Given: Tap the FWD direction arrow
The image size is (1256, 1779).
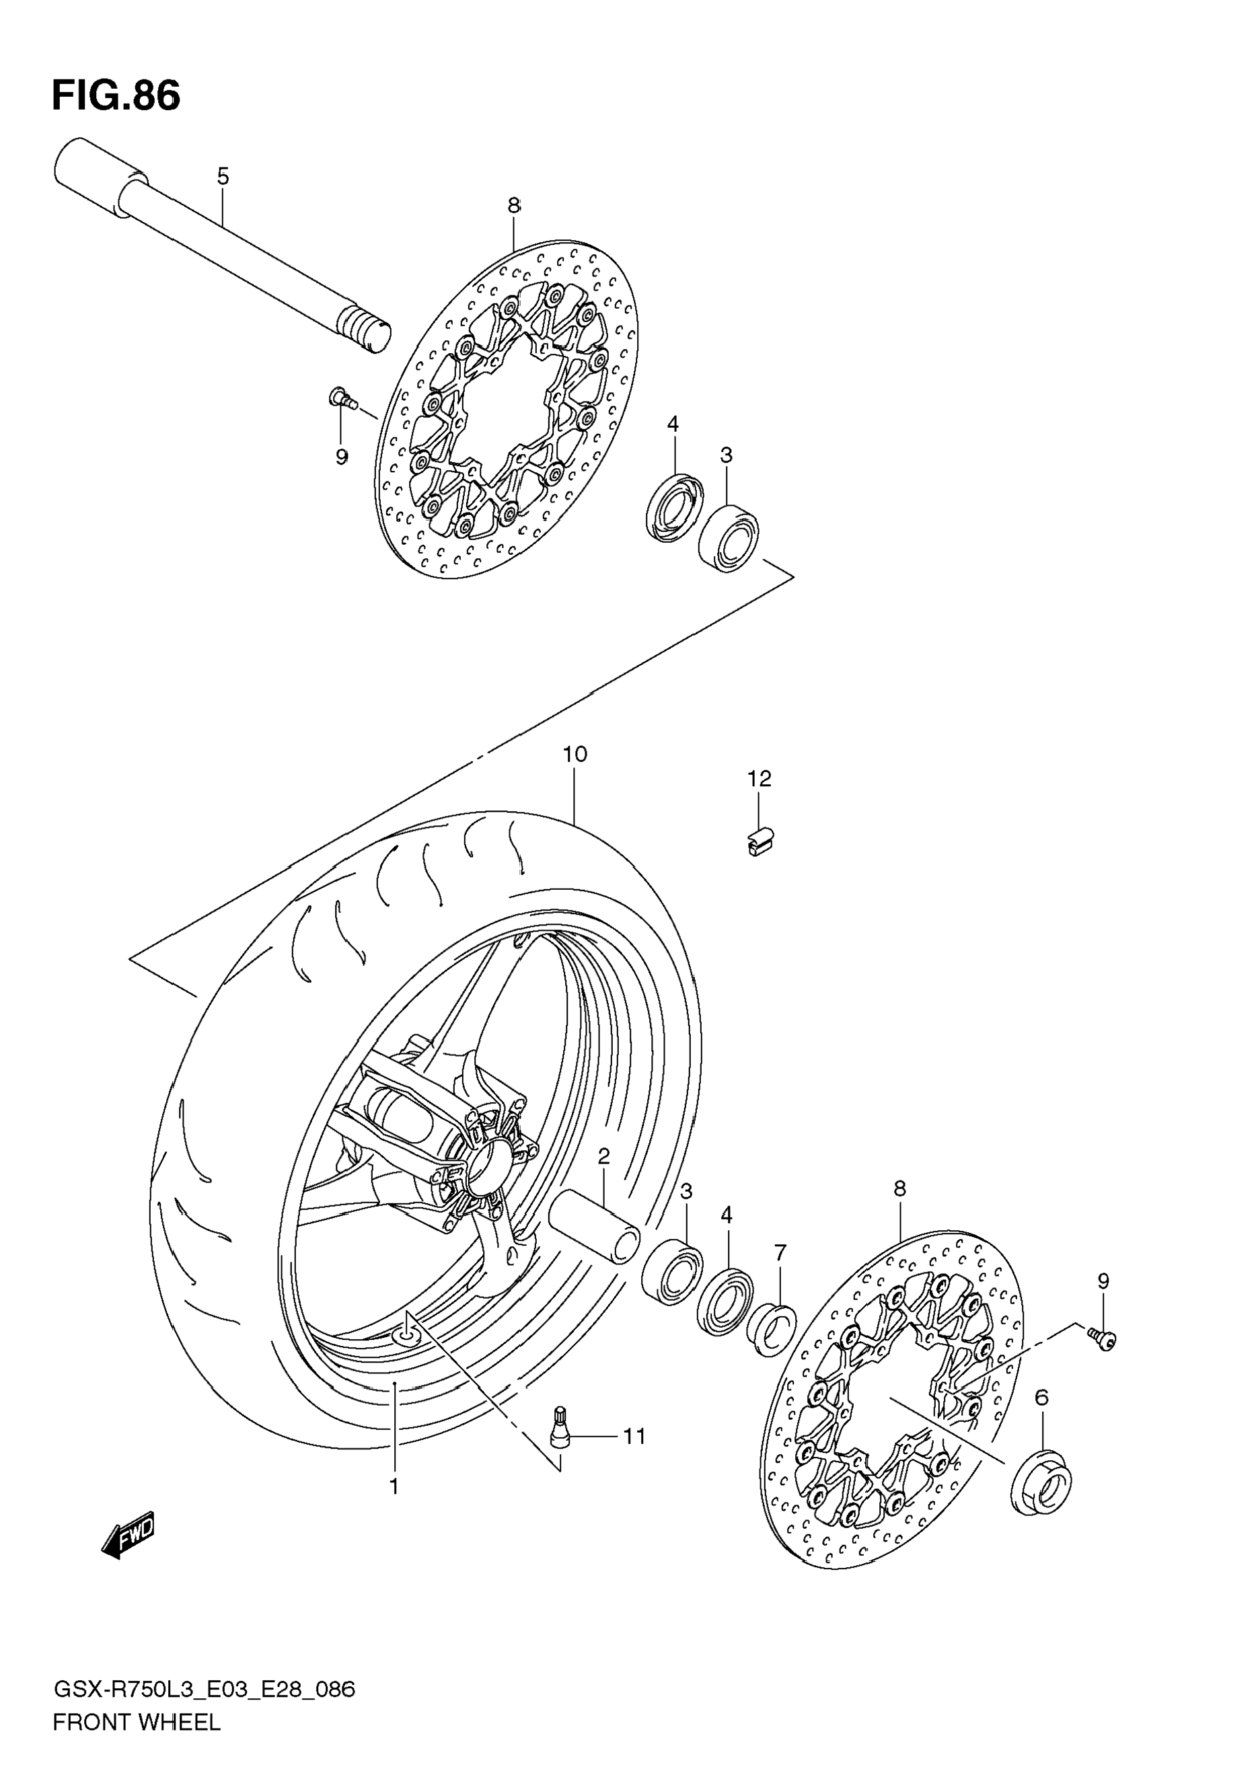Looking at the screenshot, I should click(129, 1534).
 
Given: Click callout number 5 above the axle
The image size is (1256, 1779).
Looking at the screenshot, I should click(223, 177).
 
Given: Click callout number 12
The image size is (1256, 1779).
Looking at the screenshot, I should click(760, 779).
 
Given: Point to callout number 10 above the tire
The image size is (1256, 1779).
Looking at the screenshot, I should click(575, 754).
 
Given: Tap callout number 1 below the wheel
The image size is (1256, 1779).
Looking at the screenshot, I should click(394, 1487).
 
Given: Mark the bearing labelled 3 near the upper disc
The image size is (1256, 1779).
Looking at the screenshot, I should click(729, 537).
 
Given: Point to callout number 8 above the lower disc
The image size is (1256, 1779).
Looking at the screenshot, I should click(899, 1188).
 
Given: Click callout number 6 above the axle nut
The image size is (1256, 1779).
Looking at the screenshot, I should click(1041, 1398).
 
